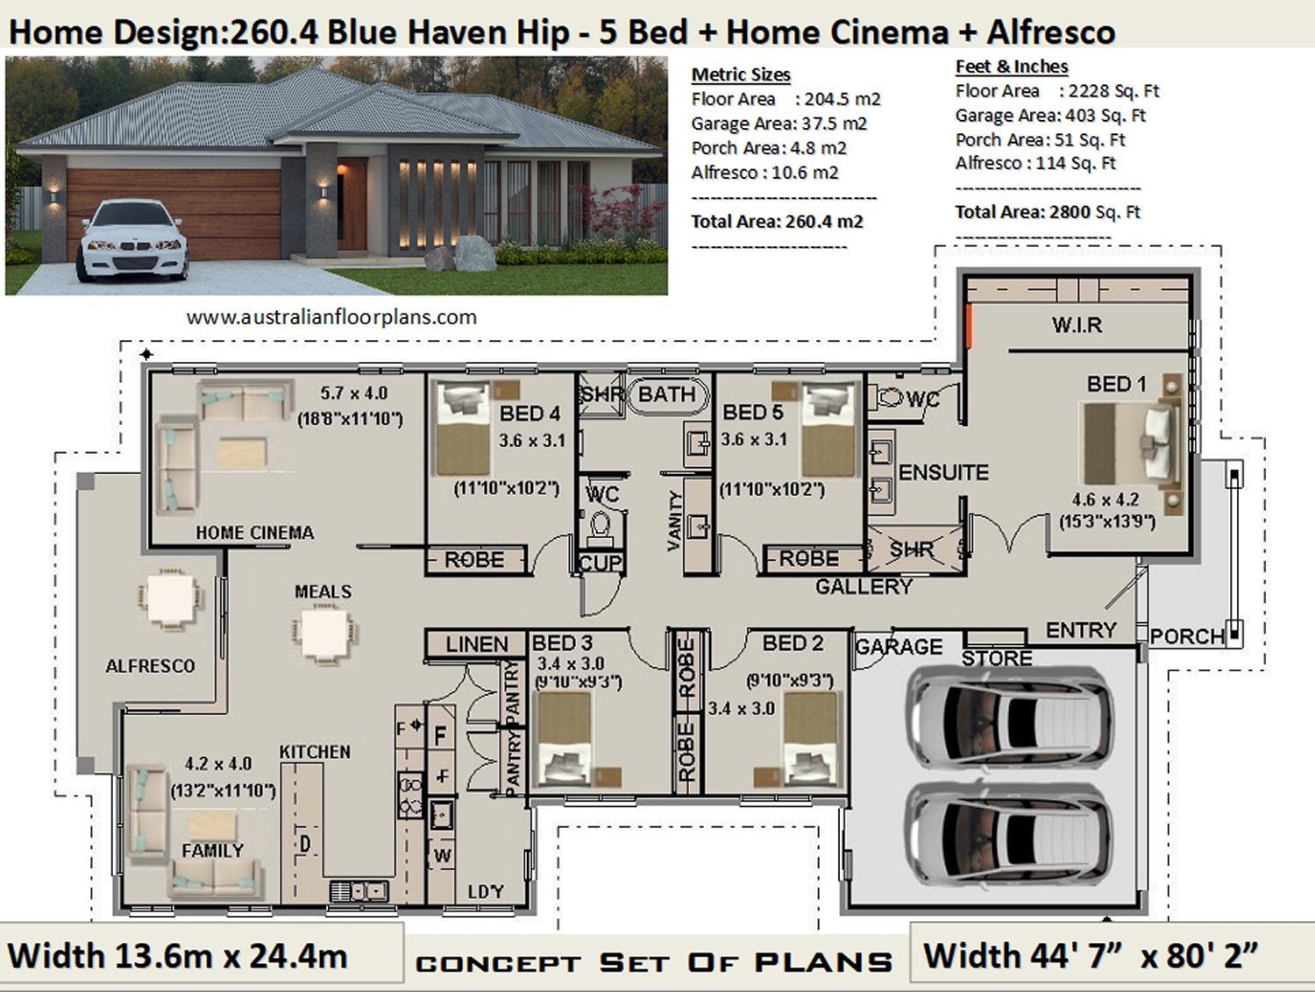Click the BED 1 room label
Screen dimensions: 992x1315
[x=1116, y=384]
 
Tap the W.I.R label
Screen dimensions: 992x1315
[x=1077, y=325]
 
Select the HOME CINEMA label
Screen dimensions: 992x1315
[x=254, y=532]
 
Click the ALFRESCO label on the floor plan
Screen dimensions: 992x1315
[x=150, y=666]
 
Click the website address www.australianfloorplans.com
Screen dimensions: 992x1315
[x=331, y=317]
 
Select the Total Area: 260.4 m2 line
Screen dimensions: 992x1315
[x=777, y=222]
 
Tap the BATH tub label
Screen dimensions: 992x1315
[x=666, y=394]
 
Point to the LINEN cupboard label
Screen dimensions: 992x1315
[x=476, y=644]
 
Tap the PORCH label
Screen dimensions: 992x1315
[x=1186, y=636]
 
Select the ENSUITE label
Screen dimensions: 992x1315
[x=943, y=472]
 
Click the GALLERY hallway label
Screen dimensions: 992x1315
[x=864, y=586]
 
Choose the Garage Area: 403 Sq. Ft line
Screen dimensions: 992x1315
[x=1050, y=116]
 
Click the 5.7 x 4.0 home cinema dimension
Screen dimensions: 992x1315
[x=353, y=394]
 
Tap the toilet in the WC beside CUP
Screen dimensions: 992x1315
[x=601, y=527]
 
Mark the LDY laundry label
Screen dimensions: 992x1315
[x=485, y=891]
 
